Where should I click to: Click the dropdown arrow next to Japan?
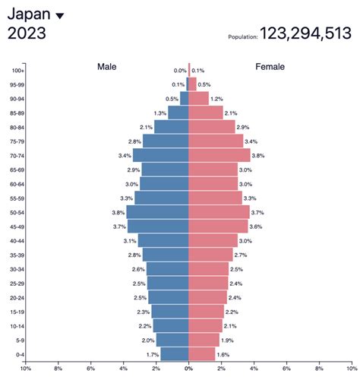(61, 15)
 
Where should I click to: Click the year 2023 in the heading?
(27, 33)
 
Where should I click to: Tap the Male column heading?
(107, 67)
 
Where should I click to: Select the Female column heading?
(270, 67)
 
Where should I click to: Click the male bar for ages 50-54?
(158, 212)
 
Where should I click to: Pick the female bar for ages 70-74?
(219, 155)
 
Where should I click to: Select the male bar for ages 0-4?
(175, 354)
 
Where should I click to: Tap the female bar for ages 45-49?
(218, 226)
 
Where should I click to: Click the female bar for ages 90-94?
(198, 99)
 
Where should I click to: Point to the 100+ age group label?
(19, 71)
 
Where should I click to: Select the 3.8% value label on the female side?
(258, 155)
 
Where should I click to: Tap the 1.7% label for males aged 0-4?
(153, 354)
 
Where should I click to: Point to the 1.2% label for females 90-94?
(217, 99)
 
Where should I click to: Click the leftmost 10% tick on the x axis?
(25, 370)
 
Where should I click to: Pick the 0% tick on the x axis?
(188, 370)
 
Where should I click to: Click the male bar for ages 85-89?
(178, 112)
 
